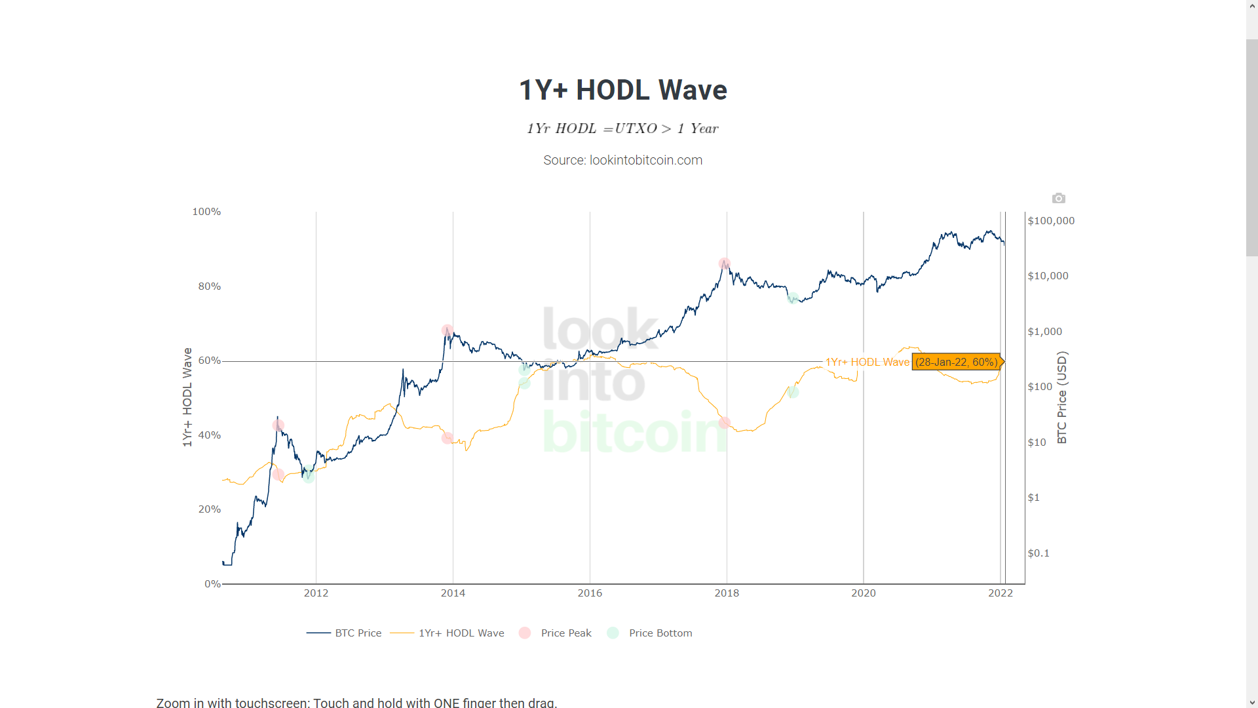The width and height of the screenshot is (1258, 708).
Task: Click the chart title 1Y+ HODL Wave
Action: click(x=622, y=90)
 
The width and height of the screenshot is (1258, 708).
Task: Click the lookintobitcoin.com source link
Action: click(x=645, y=161)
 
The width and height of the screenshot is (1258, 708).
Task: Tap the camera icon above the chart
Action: click(x=1058, y=198)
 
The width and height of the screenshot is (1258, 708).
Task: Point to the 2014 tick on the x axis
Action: click(x=453, y=593)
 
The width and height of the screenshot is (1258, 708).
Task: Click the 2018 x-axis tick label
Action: click(x=727, y=593)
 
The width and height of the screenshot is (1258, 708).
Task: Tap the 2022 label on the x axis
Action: click(x=1001, y=593)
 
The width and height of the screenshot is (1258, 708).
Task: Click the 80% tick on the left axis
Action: click(x=210, y=286)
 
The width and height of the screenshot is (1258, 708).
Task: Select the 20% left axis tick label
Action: click(x=210, y=509)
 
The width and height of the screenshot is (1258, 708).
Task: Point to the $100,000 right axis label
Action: click(x=1051, y=221)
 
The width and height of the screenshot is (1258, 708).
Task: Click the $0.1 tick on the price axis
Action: click(x=1039, y=553)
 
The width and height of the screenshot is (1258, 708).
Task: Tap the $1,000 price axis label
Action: click(x=1045, y=332)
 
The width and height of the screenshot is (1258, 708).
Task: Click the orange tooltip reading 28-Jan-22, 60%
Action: click(x=956, y=363)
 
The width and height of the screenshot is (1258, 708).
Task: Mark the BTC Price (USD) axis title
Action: click(x=1062, y=397)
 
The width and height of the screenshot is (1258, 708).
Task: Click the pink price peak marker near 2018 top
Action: click(x=724, y=264)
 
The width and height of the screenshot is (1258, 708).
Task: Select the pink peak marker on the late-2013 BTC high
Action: click(x=447, y=330)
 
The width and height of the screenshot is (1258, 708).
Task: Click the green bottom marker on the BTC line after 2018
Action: click(x=793, y=298)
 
